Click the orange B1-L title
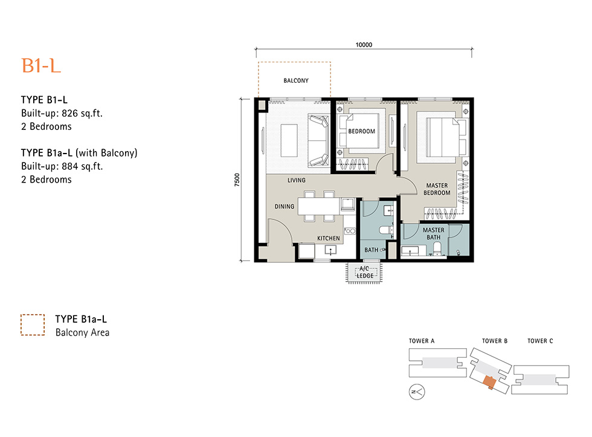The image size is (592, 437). [x=41, y=66]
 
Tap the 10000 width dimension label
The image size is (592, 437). [x=364, y=45]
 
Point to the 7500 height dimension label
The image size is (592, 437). [x=237, y=180]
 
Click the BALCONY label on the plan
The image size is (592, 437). [x=296, y=80]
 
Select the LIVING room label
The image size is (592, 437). [x=297, y=180]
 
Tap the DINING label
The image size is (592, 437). [x=285, y=206]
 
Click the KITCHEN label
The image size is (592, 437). [x=329, y=238]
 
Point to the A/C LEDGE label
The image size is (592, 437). [x=365, y=272]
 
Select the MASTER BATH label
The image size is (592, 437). [x=434, y=233]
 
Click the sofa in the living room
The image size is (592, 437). [x=318, y=141]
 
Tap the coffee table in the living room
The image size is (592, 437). [x=289, y=140]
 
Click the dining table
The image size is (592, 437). [x=319, y=206]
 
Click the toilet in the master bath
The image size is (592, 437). [x=437, y=248]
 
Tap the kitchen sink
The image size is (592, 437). [x=330, y=250]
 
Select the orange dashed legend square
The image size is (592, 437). [x=33, y=325]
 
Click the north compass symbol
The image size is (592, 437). [x=417, y=392]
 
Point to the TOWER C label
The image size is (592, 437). [x=540, y=341]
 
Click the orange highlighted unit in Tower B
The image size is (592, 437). [x=489, y=382]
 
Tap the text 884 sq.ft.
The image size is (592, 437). [x=82, y=166]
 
